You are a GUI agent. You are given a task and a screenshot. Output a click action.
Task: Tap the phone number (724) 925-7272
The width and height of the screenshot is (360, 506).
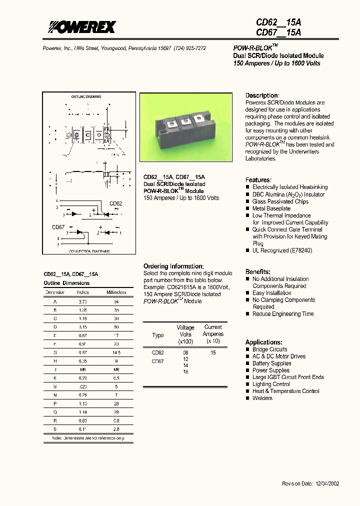(189, 48)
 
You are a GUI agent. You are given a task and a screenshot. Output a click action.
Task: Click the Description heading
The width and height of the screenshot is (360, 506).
(262, 95)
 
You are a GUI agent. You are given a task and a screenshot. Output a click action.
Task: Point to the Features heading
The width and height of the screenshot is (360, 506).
(258, 180)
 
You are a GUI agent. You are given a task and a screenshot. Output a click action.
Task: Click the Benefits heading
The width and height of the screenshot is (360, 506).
(258, 271)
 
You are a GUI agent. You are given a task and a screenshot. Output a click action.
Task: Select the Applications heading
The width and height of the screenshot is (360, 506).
(263, 342)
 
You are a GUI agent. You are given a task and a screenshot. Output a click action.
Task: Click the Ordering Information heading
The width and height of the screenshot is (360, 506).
(173, 266)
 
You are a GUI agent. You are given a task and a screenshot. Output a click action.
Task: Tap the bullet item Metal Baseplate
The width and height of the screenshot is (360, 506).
(271, 208)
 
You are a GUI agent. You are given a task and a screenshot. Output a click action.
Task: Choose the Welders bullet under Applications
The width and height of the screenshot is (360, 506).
(262, 398)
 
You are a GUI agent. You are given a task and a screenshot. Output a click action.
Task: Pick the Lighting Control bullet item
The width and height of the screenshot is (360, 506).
(271, 384)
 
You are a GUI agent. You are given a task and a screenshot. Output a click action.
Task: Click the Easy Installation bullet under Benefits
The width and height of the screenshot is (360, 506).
(272, 293)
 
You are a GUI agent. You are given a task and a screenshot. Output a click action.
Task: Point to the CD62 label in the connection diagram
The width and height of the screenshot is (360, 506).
(115, 203)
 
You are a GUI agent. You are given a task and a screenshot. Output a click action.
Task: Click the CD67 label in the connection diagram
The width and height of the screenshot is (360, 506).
(58, 226)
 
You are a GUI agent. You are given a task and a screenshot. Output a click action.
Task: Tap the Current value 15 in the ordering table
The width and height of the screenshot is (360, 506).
(213, 352)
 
